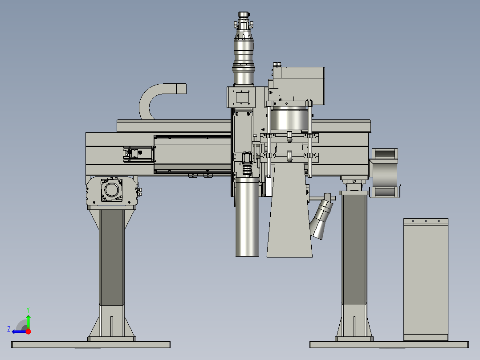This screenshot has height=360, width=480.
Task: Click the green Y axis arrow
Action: (x=28, y=321)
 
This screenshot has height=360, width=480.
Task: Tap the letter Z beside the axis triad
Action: (x=9, y=329)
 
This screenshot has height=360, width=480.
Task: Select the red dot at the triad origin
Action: (x=28, y=331)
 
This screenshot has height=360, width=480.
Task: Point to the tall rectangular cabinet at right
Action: (x=426, y=279)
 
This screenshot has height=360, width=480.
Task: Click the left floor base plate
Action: (x=91, y=345)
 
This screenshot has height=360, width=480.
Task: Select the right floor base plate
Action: (x=389, y=345)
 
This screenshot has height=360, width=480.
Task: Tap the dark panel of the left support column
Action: (x=112, y=258)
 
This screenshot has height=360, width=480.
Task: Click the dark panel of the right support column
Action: (x=354, y=250)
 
